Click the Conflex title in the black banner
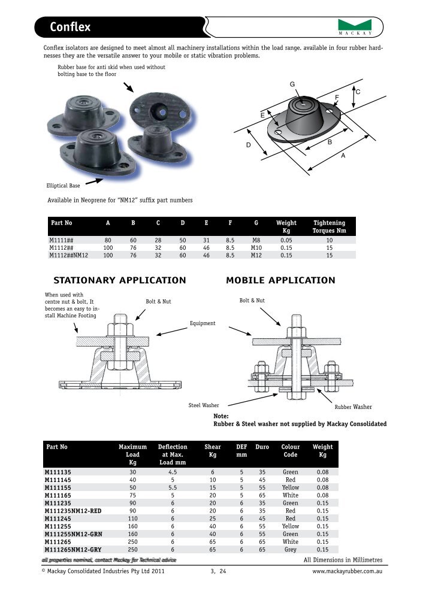70,27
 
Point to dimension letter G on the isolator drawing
292,84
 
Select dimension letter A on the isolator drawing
343,155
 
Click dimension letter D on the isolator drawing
247,146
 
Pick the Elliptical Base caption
63,186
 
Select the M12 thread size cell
256,254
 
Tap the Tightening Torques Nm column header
329,226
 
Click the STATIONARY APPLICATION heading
120,280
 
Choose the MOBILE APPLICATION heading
280,280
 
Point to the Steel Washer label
204,405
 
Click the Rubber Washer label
353,407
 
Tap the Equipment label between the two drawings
203,323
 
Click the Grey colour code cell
291,549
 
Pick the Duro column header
262,447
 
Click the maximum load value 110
132,519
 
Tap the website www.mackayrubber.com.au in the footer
347,572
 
